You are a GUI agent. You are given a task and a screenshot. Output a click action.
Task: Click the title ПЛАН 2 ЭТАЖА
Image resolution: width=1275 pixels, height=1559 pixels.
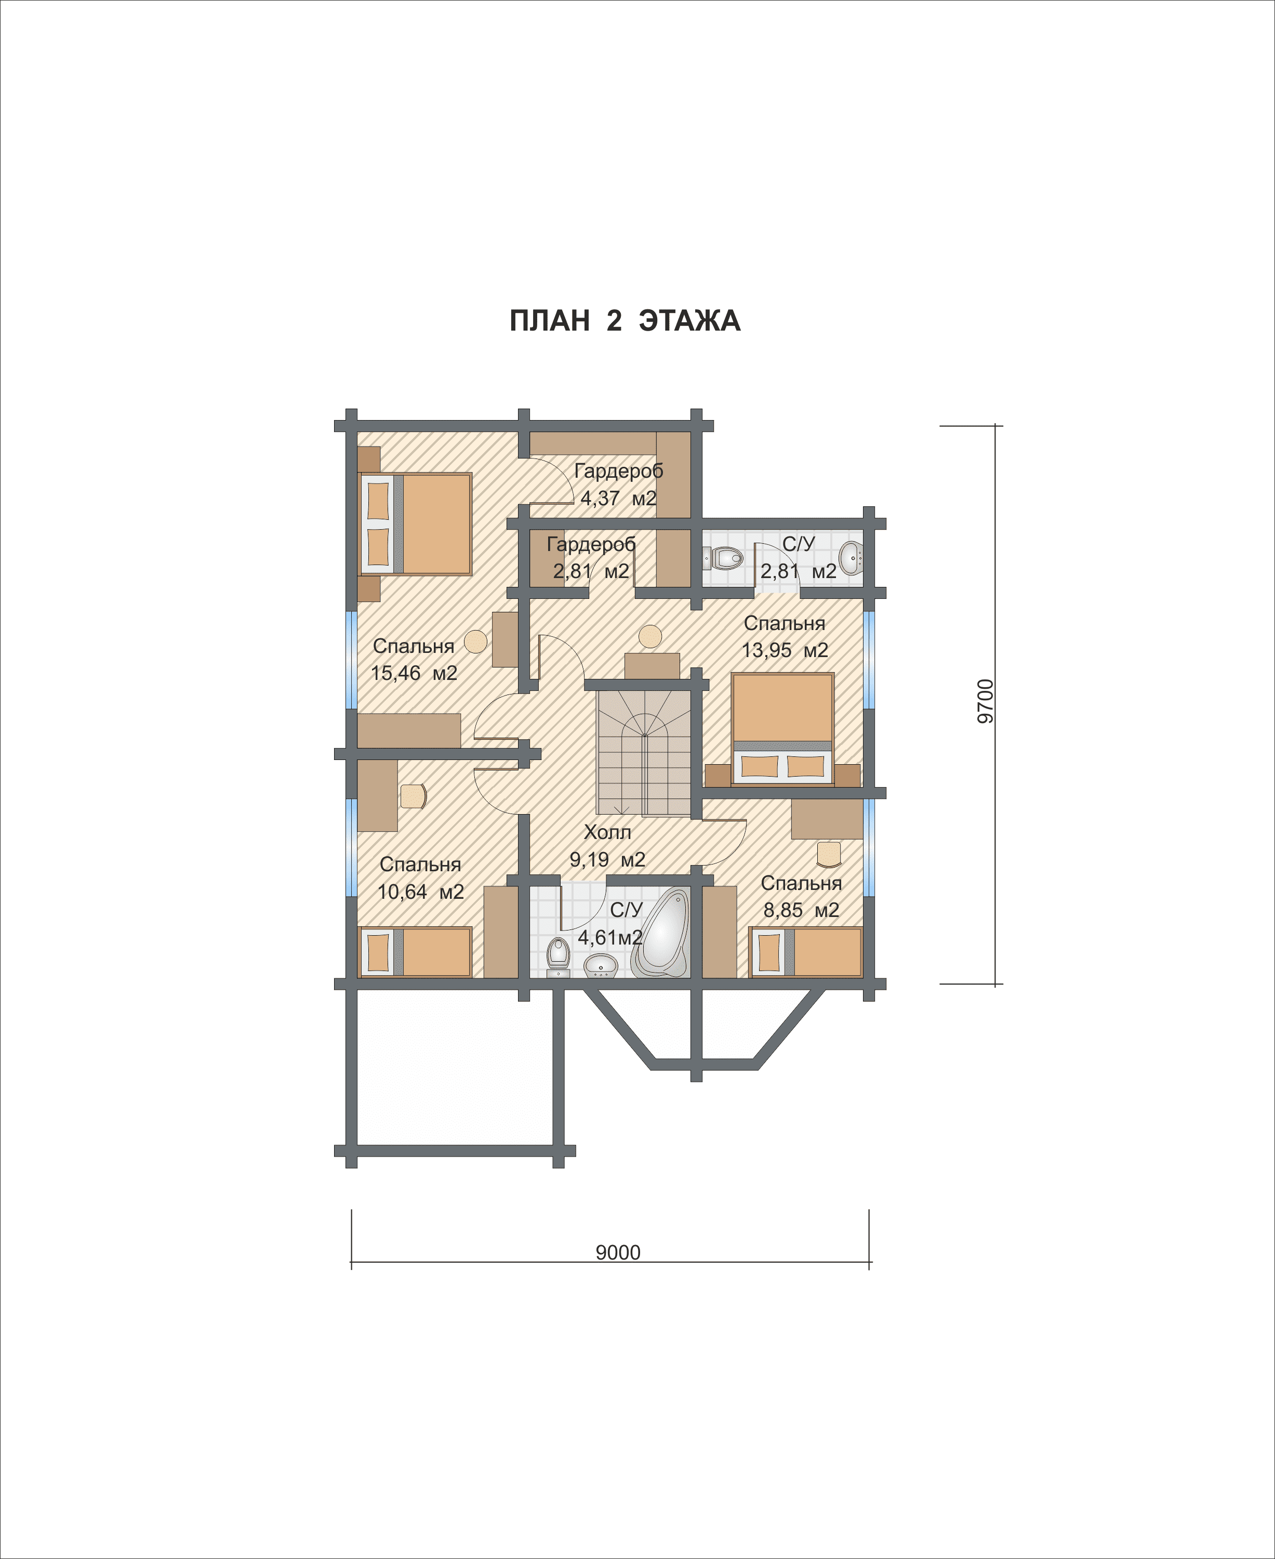pyautogui.click(x=625, y=321)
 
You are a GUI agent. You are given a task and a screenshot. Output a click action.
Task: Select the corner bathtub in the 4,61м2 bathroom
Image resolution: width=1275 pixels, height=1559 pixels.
pyautogui.click(x=661, y=933)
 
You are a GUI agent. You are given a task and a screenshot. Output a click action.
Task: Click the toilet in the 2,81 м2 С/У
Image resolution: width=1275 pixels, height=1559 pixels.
pyautogui.click(x=723, y=558)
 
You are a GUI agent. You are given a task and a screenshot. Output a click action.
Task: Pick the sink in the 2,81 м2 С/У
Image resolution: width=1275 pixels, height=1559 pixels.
pyautogui.click(x=851, y=558)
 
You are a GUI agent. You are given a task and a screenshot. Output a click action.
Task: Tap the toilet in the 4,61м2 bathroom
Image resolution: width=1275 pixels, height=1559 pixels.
pyautogui.click(x=558, y=957)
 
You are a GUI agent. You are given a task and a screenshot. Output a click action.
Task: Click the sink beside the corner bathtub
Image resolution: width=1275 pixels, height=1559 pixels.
pyautogui.click(x=601, y=965)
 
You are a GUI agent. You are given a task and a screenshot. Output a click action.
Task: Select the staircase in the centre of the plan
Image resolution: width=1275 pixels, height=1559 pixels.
pyautogui.click(x=644, y=752)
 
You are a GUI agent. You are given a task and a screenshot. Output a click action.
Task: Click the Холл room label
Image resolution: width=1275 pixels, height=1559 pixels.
pyautogui.click(x=607, y=832)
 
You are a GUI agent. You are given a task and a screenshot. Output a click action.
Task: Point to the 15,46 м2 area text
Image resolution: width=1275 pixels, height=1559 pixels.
pyautogui.click(x=414, y=673)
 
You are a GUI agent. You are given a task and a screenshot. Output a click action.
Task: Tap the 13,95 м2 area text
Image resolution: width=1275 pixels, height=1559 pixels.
pyautogui.click(x=785, y=650)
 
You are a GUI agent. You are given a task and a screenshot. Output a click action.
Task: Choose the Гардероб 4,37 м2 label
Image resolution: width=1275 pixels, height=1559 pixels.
pyautogui.click(x=618, y=484)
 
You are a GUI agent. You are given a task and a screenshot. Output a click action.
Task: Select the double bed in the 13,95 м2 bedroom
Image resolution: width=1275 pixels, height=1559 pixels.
pyautogui.click(x=783, y=727)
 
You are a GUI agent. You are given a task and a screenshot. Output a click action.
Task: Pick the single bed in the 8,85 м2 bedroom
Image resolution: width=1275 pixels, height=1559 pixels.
pyautogui.click(x=805, y=952)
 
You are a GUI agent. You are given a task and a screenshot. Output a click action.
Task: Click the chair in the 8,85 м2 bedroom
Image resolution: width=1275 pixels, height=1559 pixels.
pyautogui.click(x=829, y=854)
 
